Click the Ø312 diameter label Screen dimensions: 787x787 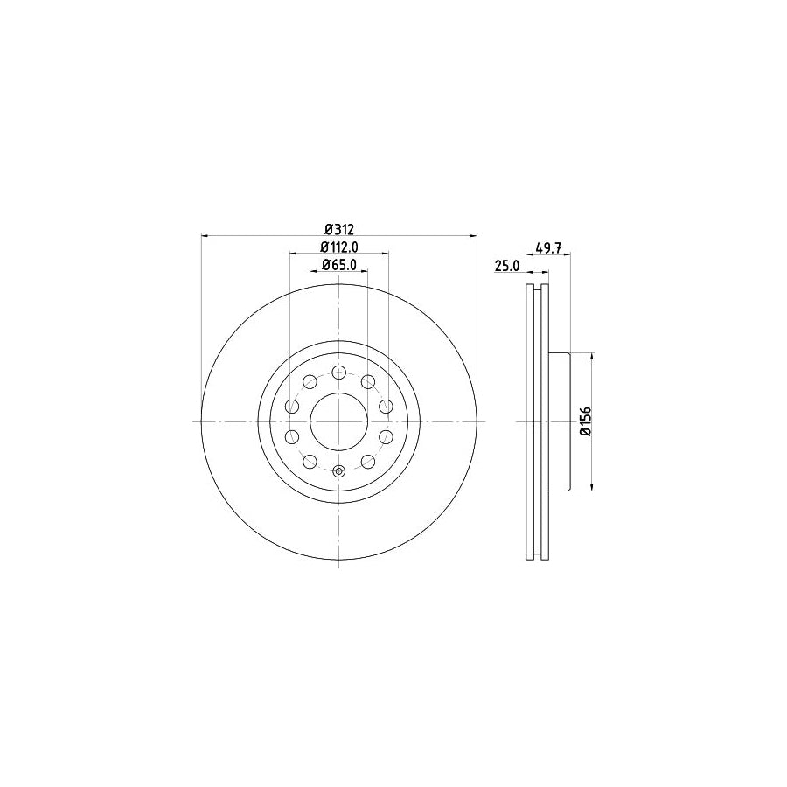(338, 229)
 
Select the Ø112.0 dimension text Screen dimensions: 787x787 (338, 247)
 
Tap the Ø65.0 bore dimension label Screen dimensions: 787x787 (338, 265)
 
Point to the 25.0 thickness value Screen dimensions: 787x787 (507, 265)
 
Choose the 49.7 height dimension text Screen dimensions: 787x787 (547, 248)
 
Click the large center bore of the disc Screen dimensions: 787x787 (338, 421)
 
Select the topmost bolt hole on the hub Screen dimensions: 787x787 (338, 372)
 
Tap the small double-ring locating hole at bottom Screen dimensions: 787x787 (338, 471)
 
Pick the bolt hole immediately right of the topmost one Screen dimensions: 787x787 (368, 381)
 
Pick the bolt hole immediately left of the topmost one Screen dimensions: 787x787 (309, 381)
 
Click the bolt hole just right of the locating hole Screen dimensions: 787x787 (368, 462)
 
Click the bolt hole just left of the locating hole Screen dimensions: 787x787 (309, 462)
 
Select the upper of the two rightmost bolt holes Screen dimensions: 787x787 (386, 406)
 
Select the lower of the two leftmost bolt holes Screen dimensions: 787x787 (291, 436)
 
